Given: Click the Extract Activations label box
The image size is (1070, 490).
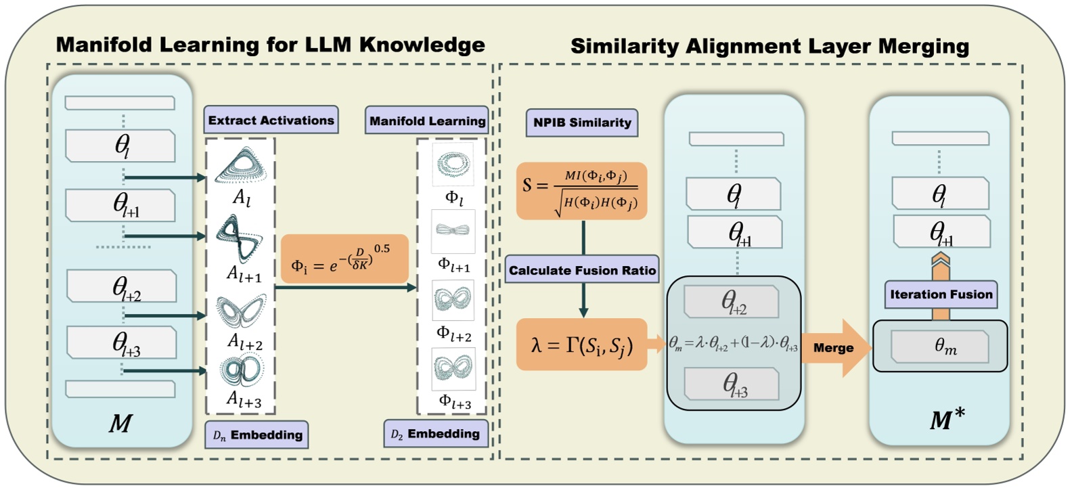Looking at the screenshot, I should (x=271, y=120).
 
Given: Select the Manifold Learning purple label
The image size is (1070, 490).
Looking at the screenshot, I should (x=427, y=121).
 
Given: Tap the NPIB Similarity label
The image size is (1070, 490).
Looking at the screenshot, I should (x=581, y=122).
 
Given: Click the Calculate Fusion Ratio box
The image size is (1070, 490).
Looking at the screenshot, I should (x=582, y=270).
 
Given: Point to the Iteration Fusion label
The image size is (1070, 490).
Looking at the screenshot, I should (x=941, y=294).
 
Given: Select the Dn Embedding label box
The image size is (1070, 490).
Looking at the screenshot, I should (x=257, y=435).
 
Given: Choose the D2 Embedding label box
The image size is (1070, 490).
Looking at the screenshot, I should (x=435, y=434).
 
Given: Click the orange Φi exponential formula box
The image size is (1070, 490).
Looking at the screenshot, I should (x=344, y=259).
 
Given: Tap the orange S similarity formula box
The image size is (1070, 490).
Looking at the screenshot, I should (x=581, y=191).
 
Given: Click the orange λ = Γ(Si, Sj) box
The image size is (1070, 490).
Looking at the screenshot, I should (x=581, y=345).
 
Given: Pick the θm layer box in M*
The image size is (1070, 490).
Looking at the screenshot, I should (x=940, y=347).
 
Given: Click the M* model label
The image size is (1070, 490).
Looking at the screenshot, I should (x=947, y=420).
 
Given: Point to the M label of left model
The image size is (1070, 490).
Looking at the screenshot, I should (x=120, y=424).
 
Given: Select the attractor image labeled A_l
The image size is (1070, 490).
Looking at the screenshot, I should (x=241, y=166).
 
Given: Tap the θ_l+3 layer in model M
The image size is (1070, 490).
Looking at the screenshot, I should (x=122, y=342).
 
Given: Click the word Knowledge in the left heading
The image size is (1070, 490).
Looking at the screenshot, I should (x=422, y=45).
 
